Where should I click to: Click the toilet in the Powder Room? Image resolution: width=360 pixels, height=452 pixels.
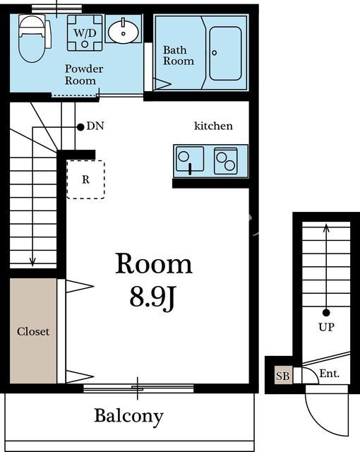pyautogui.click(x=32, y=38)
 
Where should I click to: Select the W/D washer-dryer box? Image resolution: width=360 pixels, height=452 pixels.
pyautogui.click(x=85, y=33)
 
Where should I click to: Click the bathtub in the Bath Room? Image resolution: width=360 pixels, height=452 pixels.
pyautogui.click(x=225, y=54)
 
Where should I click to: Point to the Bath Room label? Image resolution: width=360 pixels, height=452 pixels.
pyautogui.click(x=179, y=55)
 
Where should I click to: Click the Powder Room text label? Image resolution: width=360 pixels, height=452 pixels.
pyautogui.click(x=84, y=74)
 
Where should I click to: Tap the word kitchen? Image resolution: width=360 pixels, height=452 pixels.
pyautogui.click(x=213, y=126)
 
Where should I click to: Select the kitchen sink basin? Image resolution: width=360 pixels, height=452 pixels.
pyautogui.click(x=190, y=159)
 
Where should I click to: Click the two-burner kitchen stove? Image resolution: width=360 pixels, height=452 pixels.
pyautogui.click(x=226, y=161)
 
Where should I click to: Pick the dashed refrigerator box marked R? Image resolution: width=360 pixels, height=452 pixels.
pyautogui.click(x=85, y=179)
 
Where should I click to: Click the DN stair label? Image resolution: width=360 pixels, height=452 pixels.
pyautogui.click(x=95, y=126)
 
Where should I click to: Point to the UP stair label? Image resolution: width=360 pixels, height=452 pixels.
pyautogui.click(x=326, y=327)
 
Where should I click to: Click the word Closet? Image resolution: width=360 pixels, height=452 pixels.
pyautogui.click(x=33, y=331)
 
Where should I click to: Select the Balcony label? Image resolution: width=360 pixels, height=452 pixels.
pyautogui.click(x=128, y=417)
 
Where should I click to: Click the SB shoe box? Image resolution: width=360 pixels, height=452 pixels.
pyautogui.click(x=283, y=375)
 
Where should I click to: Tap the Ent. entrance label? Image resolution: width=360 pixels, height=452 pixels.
pyautogui.click(x=330, y=374)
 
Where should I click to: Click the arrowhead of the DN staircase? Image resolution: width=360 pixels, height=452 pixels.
pyautogui.click(x=32, y=262)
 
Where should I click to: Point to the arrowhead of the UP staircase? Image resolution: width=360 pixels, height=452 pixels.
pyautogui.click(x=326, y=227)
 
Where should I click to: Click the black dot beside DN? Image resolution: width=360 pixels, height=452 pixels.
pyautogui.click(x=80, y=127)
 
